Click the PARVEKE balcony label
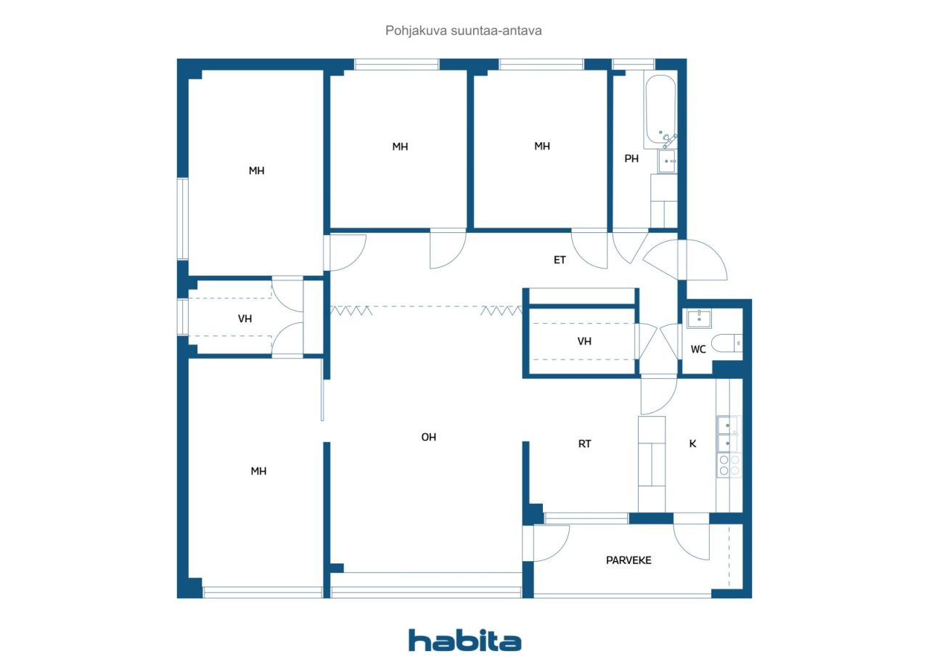[629, 560]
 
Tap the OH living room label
[428, 437]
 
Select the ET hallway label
[560, 260]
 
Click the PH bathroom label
[631, 158]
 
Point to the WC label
[698, 349]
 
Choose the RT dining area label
[584, 444]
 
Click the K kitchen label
[692, 444]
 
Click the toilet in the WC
[727, 343]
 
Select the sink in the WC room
[699, 319]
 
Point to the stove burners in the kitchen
[729, 465]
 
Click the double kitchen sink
[728, 434]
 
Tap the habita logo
[464, 640]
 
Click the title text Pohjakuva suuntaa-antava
[463, 30]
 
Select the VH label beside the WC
[584, 341]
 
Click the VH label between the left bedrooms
[245, 319]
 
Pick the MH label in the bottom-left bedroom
[258, 471]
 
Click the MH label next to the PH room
[542, 146]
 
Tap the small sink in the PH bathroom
[667, 161]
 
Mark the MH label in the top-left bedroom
[256, 171]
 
